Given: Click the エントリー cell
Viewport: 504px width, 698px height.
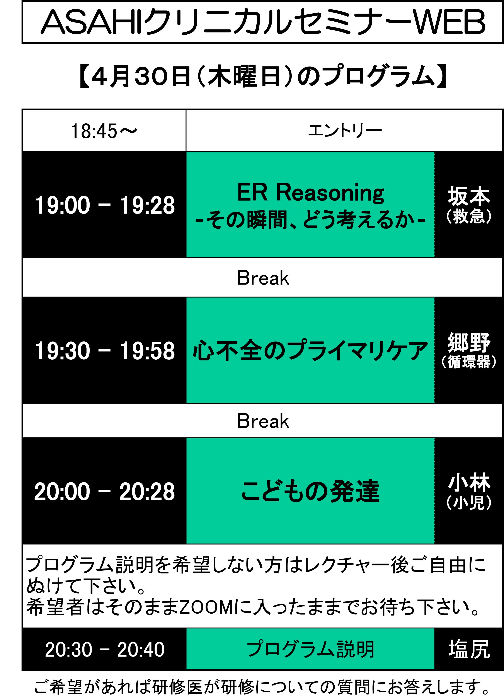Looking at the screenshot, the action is tap(345, 130).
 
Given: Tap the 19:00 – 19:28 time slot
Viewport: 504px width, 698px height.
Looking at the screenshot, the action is tap(105, 205).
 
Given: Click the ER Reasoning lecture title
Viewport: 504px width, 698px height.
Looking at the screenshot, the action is tap(311, 193).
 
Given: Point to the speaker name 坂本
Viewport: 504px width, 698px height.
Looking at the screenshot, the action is tap(469, 196).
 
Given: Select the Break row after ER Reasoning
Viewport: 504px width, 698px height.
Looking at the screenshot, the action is tap(263, 278).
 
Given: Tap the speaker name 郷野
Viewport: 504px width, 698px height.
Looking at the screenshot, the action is tap(469, 342).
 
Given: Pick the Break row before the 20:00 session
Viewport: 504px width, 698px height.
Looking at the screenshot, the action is tap(263, 421).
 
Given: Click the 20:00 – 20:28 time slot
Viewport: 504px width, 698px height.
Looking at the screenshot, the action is tap(105, 492).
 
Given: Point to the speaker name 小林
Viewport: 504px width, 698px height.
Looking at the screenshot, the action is tap(469, 483).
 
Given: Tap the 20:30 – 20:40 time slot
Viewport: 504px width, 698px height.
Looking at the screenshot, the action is tap(105, 649).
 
